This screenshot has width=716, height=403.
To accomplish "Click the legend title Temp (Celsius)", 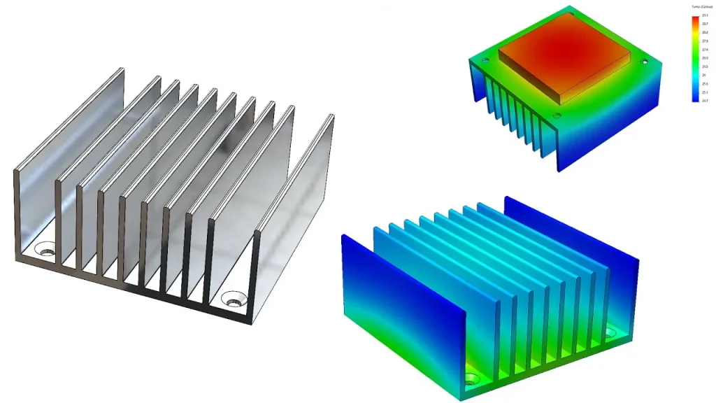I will [701, 6].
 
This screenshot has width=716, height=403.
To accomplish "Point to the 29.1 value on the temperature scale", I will [705, 15].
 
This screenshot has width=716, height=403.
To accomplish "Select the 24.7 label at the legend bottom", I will [705, 101].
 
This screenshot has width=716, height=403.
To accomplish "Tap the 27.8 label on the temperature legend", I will [705, 41].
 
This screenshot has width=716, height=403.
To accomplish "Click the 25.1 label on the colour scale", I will [705, 92].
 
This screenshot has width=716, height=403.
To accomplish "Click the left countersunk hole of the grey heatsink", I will [47, 248].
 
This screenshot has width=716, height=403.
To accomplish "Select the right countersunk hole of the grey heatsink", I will [233, 302].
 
